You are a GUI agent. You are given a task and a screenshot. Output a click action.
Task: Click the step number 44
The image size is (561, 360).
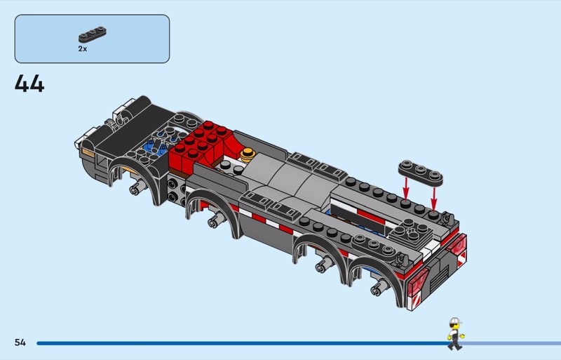coord(29,84)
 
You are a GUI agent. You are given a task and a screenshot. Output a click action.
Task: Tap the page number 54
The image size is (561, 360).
coord(20,342)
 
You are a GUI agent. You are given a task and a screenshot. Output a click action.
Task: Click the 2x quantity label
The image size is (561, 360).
coord(83,48)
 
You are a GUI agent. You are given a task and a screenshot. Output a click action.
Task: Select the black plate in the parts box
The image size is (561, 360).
coord(93,35)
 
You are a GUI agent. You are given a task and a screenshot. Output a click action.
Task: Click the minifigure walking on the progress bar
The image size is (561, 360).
coord(455,333)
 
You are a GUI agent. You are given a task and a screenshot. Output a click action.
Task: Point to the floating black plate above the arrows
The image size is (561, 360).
coord(421,173)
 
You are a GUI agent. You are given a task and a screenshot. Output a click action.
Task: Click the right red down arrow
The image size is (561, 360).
coord(433,199)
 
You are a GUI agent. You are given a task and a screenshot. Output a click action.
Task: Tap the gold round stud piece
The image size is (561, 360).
coord(248,155)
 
